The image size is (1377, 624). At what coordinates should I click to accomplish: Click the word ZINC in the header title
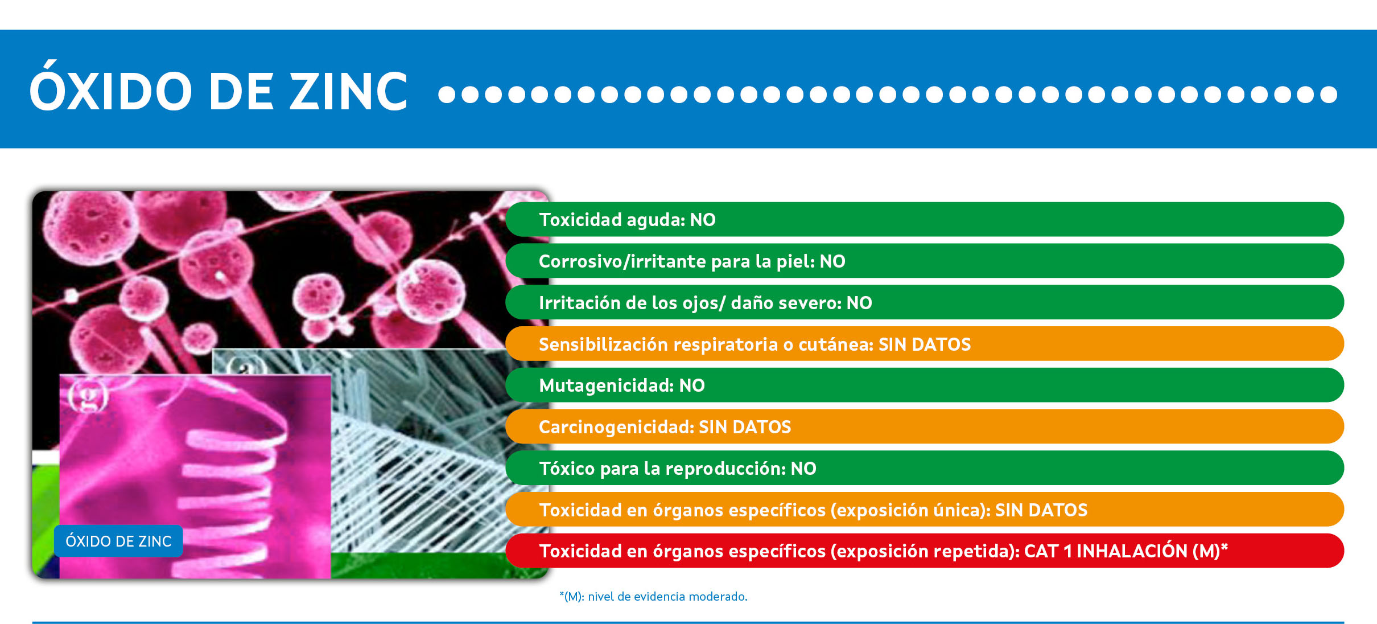point(349,91)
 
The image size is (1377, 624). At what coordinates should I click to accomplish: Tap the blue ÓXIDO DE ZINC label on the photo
point(118,541)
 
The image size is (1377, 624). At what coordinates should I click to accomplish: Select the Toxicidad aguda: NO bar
point(925,219)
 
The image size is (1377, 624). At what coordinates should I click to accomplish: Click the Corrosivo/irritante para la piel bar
point(925,261)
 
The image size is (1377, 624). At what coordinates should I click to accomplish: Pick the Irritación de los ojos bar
point(925,302)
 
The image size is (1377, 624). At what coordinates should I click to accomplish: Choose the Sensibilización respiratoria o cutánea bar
point(925,344)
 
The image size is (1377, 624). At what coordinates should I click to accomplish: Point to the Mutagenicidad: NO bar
point(925,385)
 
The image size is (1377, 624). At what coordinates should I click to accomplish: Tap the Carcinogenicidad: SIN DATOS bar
point(925,426)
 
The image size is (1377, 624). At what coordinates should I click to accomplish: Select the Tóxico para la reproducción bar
point(925,468)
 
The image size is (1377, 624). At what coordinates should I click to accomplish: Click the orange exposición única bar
point(925,510)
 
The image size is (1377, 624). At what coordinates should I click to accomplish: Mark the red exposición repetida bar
point(925,551)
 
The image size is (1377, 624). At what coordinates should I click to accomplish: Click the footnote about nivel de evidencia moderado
point(653,597)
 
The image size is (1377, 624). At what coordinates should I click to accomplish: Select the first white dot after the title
point(447,95)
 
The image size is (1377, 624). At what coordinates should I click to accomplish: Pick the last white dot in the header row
point(1329,95)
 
